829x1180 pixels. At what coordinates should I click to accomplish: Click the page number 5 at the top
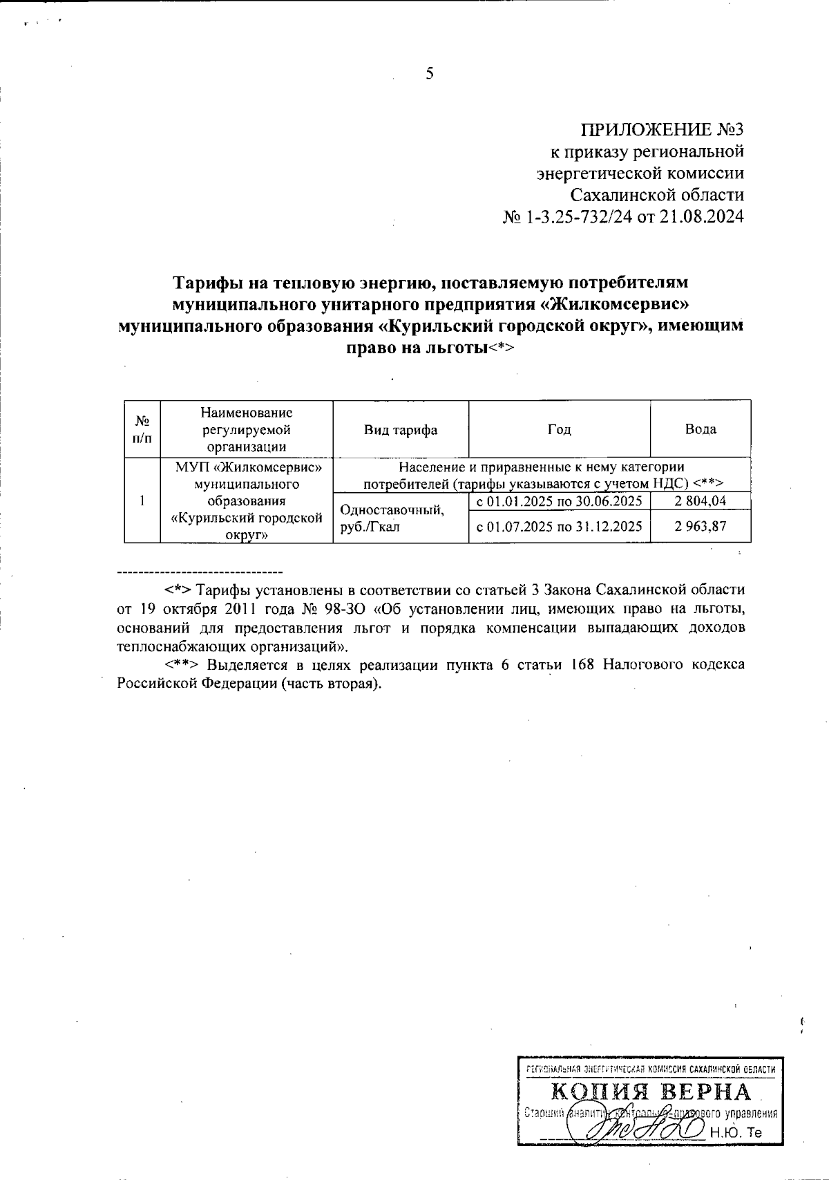click(x=429, y=74)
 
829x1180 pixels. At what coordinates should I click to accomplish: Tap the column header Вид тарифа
click(x=401, y=429)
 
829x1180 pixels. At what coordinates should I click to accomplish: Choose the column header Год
click(x=560, y=429)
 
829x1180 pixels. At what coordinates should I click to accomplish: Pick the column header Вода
click(x=700, y=429)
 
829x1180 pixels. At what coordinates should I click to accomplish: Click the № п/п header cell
click(x=142, y=429)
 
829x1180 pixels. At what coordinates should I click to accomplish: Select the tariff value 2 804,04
click(x=701, y=500)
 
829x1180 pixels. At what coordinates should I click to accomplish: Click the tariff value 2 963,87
click(x=701, y=527)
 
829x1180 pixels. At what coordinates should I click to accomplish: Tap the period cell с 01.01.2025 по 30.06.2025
click(x=560, y=500)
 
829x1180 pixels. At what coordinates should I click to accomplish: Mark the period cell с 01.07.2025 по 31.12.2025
click(x=560, y=527)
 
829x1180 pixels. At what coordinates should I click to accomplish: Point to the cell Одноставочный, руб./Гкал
click(x=390, y=518)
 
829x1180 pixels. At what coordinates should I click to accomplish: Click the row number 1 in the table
click(x=142, y=500)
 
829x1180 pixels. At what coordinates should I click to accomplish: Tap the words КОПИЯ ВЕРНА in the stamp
click(x=651, y=1093)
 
